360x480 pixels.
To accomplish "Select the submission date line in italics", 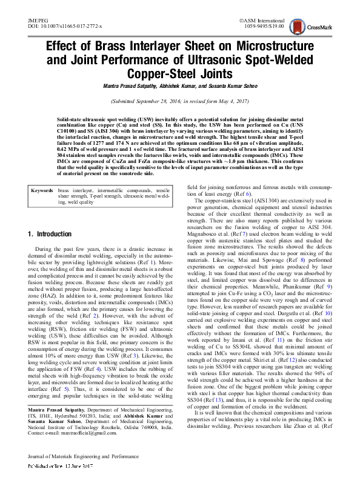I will tap(179, 101).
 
